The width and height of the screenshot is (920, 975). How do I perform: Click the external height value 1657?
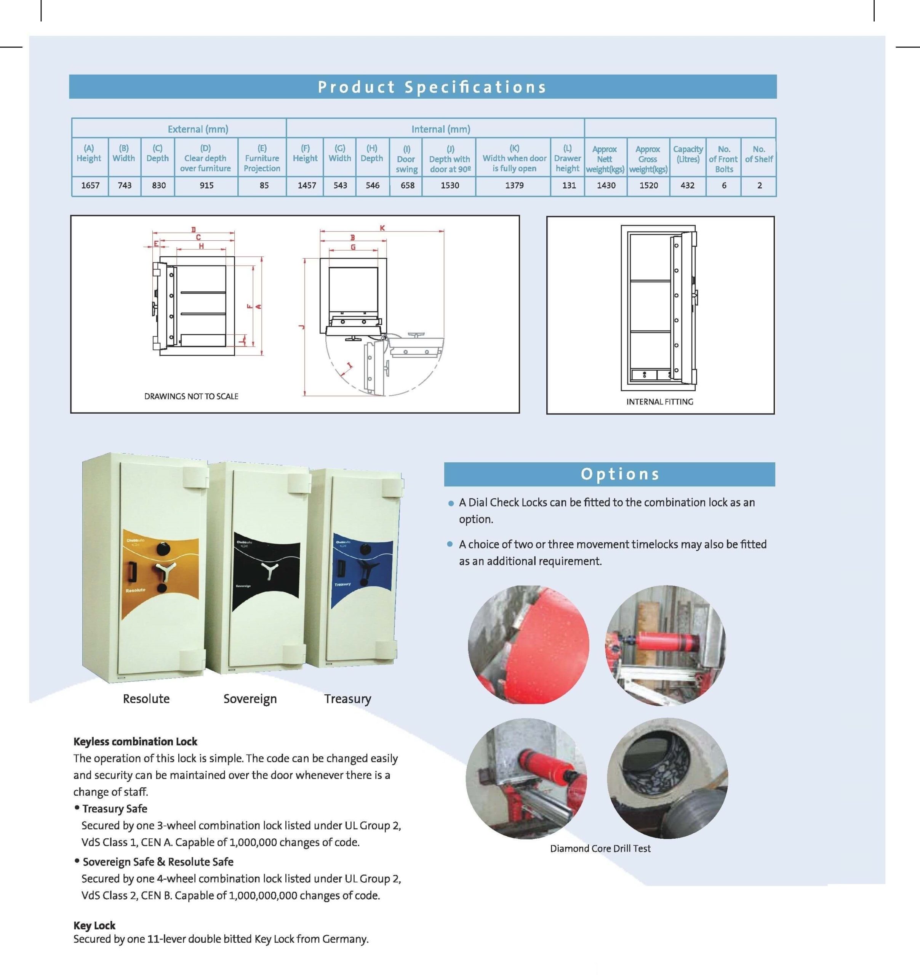pos(90,185)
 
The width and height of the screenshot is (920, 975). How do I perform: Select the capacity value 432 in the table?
pos(687,185)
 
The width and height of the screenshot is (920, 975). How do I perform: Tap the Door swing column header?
pos(406,159)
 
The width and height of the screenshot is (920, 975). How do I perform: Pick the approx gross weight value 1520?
pos(648,185)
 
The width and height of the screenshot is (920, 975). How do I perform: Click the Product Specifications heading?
pos(432,87)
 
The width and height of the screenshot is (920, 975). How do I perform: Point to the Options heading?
pos(620,474)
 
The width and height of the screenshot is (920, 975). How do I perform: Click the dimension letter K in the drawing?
pos(382,228)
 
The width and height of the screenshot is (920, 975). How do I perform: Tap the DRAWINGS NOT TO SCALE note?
pos(191,396)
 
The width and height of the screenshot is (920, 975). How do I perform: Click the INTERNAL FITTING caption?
pos(659,402)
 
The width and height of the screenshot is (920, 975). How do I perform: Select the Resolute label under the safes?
pos(146,699)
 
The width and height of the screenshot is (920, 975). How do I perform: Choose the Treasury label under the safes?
pos(347,699)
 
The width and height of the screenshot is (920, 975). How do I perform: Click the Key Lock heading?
pos(94,925)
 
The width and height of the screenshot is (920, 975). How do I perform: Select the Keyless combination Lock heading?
pos(135,742)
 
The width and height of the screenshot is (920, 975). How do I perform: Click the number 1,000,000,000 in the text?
pos(263,895)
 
